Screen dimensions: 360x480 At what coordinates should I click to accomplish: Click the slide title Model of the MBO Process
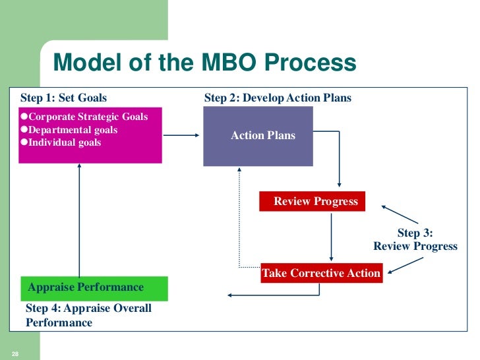point(204,63)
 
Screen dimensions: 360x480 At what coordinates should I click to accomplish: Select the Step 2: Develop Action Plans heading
point(278,98)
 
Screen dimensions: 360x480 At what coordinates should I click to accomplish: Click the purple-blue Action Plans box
point(263,136)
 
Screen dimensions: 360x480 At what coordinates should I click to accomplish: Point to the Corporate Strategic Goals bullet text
point(88,117)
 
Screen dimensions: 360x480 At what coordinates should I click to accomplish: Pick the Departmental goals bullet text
point(73,130)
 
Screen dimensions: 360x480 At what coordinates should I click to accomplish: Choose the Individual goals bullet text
point(63,142)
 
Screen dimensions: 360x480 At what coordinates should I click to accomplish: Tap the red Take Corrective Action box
point(321,273)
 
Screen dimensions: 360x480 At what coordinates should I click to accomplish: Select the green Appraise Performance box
point(94,287)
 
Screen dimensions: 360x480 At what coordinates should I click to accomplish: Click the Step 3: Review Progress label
point(415,239)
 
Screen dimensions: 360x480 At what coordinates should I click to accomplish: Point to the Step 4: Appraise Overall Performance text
point(88,315)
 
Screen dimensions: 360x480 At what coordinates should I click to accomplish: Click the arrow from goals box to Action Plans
point(181,136)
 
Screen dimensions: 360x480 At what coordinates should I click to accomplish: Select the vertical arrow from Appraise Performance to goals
point(79,221)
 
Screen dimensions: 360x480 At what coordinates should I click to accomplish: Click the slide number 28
point(15,355)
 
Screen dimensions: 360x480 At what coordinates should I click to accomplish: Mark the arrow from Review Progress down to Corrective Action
point(330,236)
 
